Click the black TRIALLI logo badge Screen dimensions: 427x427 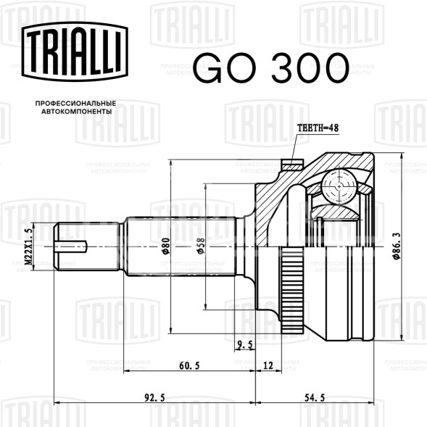[x=75, y=51]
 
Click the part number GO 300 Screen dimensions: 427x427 [x=270, y=68]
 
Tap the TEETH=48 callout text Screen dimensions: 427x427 [x=318, y=128]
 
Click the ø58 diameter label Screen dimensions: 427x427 [x=200, y=246]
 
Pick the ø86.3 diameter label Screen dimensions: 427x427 [x=397, y=246]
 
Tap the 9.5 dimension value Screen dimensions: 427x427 [x=245, y=345]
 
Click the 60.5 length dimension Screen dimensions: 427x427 [x=189, y=365]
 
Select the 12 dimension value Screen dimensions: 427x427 [x=268, y=365]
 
